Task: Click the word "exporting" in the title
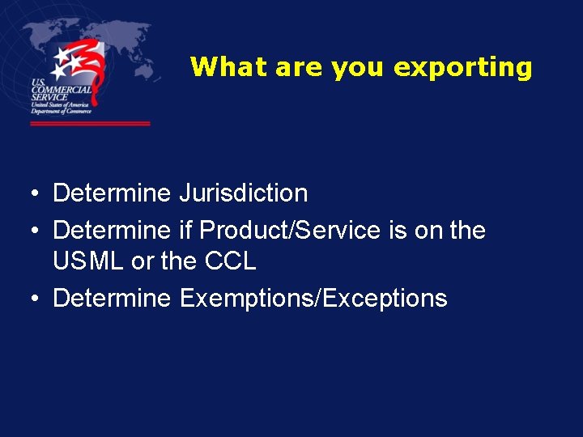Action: pos(462,67)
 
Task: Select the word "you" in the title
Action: pos(359,67)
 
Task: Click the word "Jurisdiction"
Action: pos(244,194)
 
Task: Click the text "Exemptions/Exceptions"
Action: pos(313,298)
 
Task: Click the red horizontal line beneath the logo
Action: pos(90,124)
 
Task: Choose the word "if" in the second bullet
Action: pos(185,231)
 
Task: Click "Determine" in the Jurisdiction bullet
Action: pos(112,194)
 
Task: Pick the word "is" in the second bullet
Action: pos(398,231)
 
